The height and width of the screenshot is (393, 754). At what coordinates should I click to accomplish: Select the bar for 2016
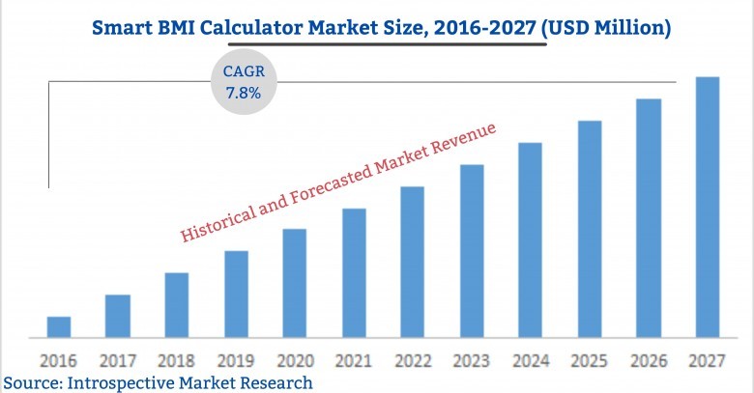(59, 327)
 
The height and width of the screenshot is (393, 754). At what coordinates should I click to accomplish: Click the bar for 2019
(237, 295)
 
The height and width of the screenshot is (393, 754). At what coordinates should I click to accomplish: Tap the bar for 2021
(354, 273)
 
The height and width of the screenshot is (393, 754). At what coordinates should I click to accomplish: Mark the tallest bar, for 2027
(708, 208)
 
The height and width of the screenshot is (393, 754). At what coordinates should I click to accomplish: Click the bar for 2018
(177, 305)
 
